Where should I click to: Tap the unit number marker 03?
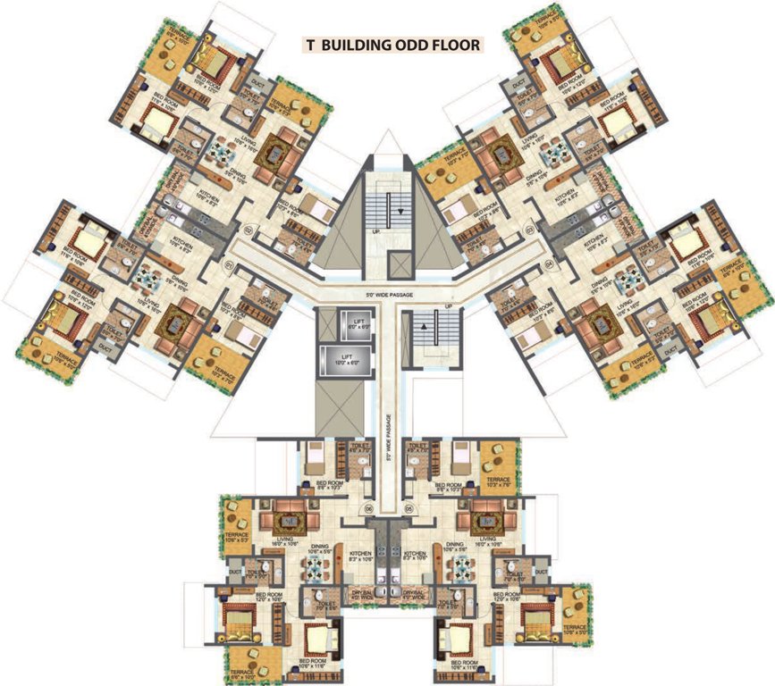click(529, 230)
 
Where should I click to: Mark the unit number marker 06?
click(368, 510)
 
